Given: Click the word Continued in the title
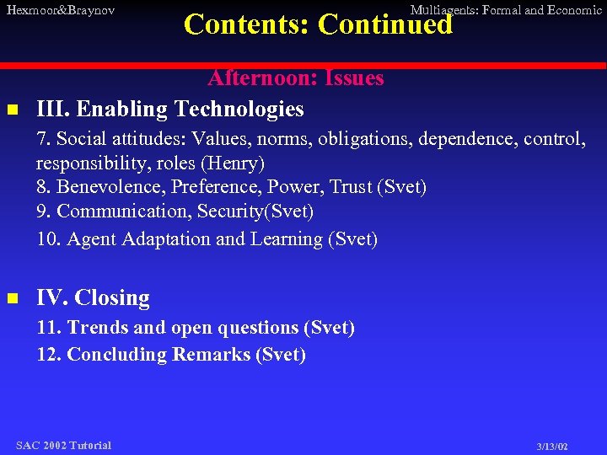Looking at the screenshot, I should [x=385, y=24].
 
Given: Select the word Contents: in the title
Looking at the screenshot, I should [x=247, y=24].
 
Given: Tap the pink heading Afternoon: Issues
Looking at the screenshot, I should [x=295, y=78].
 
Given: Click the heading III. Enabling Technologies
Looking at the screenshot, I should [x=170, y=109].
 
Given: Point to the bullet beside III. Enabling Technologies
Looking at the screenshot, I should [x=12, y=110].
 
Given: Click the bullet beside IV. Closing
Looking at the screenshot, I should [x=12, y=298].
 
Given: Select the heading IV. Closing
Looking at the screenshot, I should [x=93, y=298].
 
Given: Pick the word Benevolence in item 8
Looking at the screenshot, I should [x=105, y=187].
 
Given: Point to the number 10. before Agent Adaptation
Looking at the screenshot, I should [x=49, y=239].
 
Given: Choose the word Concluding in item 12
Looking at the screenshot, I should [x=117, y=354].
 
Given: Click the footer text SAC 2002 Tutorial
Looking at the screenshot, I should [x=63, y=445].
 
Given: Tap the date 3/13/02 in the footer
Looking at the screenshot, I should [x=552, y=447].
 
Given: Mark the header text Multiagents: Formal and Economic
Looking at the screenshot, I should [x=505, y=10].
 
